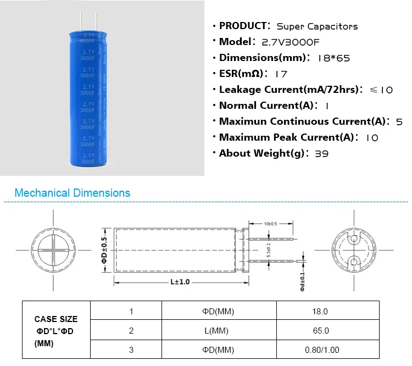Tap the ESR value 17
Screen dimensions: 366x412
(281, 74)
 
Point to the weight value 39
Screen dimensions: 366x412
(321, 154)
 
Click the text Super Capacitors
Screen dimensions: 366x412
(317, 26)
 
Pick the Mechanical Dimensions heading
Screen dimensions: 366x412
(73, 193)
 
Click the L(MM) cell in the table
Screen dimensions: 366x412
(218, 331)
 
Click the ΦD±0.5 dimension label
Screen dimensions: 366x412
(104, 250)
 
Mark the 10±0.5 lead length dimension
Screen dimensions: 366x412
(270, 224)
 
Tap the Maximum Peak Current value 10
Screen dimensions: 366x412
(372, 138)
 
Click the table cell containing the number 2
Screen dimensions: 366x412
(131, 331)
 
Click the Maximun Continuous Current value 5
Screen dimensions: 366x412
(399, 122)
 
